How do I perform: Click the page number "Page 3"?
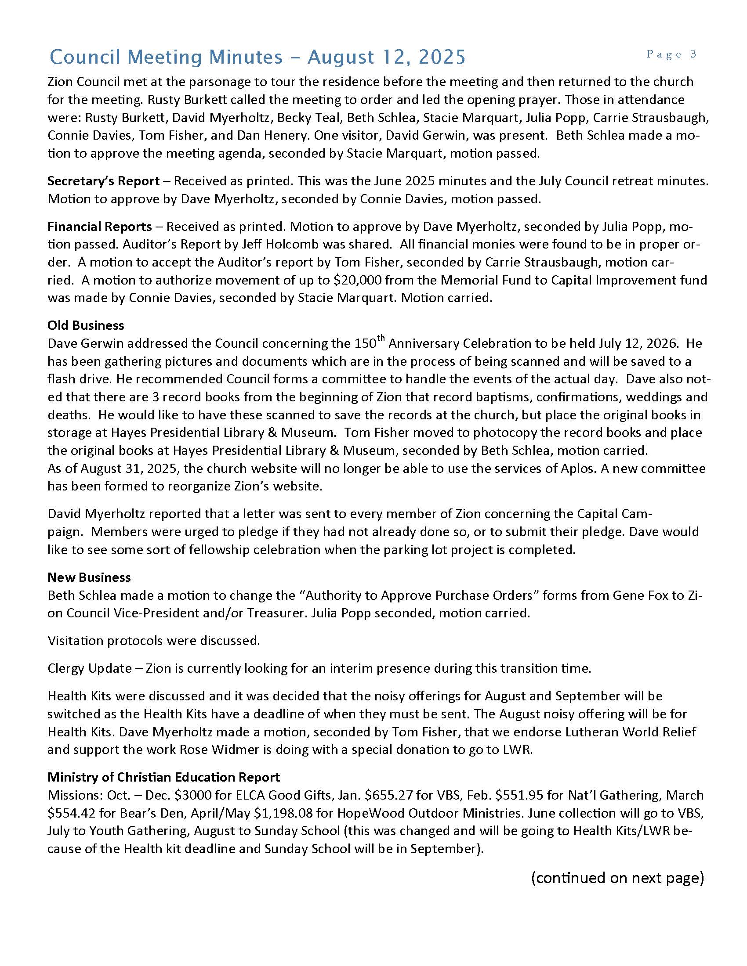[671, 54]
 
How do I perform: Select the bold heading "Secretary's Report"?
[103, 181]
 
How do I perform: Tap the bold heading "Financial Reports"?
[100, 227]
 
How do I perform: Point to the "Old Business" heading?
[86, 325]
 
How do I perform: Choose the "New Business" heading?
[89, 577]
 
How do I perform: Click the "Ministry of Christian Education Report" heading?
[164, 777]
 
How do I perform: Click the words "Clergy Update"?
[89, 668]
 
